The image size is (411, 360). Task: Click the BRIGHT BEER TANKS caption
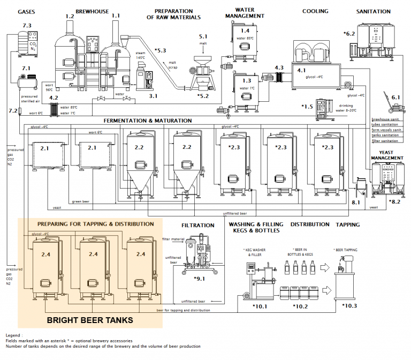click(90, 320)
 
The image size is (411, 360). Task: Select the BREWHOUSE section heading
click(92, 11)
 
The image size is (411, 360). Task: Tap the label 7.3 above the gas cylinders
click(27, 25)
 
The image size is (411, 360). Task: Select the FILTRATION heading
click(197, 226)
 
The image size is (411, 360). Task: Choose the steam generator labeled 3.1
click(143, 78)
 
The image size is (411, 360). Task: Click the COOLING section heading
click(315, 11)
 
